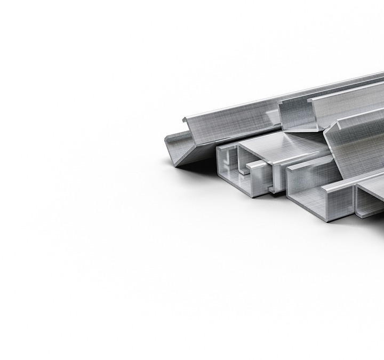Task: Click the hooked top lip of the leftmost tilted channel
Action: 186,120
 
